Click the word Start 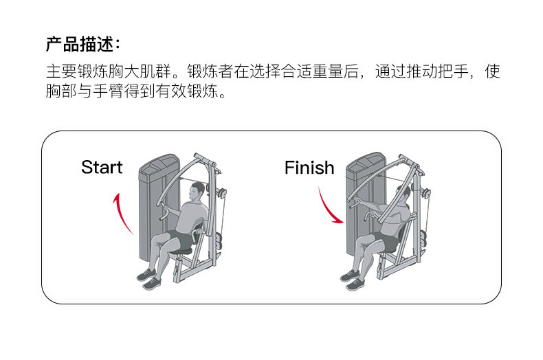(102, 168)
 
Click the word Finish (309, 168)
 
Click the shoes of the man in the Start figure (148, 278)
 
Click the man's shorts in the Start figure (181, 241)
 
